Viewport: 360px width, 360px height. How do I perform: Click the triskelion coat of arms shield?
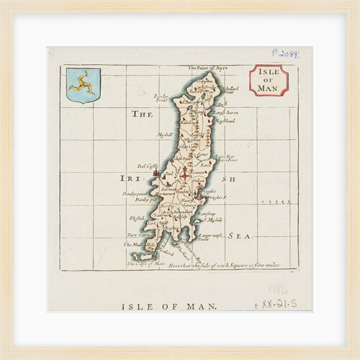(x=83, y=85)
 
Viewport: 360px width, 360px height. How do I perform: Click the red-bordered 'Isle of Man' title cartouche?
(x=268, y=81)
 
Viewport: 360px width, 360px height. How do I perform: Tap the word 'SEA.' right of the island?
(x=238, y=235)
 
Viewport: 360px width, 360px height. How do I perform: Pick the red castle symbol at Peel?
(x=156, y=174)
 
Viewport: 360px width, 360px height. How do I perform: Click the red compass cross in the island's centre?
(x=184, y=174)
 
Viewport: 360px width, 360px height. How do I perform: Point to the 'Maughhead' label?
(x=224, y=121)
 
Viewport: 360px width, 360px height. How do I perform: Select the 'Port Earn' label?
(x=136, y=235)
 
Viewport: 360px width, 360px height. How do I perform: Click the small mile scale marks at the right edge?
(x=280, y=202)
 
